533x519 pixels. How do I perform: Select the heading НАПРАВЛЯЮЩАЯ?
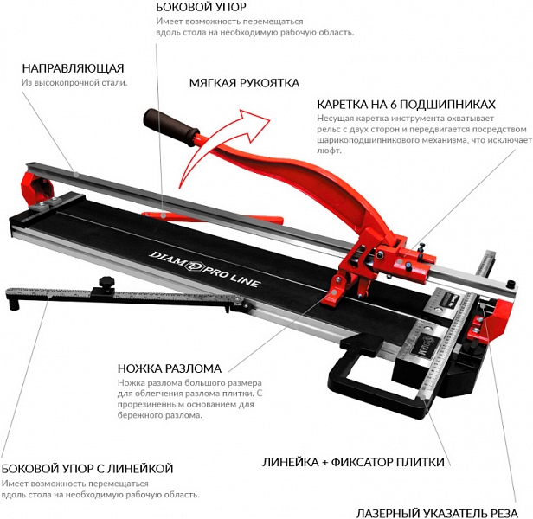coord(73,67)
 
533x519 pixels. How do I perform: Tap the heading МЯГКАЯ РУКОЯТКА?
coord(245,83)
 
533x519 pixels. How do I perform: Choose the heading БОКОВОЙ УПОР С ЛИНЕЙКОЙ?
coord(87,468)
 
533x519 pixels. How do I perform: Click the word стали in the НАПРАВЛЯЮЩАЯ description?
coord(114,83)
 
